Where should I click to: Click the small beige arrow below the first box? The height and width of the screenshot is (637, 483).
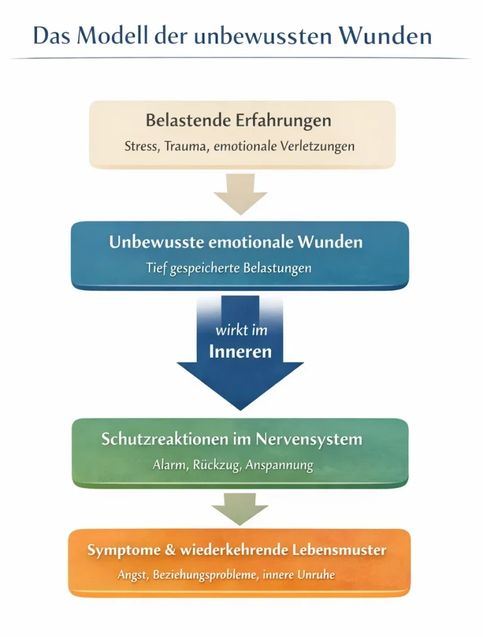coord(241,194)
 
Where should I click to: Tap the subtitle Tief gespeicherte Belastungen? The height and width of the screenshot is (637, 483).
coord(229,268)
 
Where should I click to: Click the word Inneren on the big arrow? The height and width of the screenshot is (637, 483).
coord(240,351)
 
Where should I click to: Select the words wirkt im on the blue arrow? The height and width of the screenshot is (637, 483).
coord(240,330)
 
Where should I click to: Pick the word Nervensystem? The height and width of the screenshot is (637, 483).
coord(319,439)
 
